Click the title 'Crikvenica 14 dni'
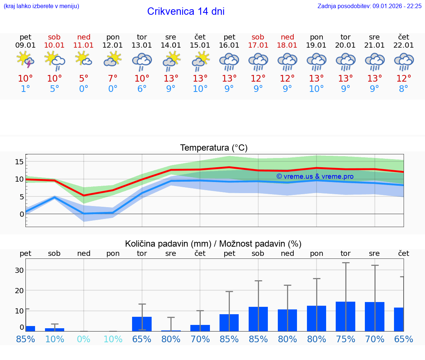tap(186, 11)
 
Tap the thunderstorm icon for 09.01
tap(25, 60)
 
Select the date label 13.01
tap(142, 45)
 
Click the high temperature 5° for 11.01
tap(84, 78)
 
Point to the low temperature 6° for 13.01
tap(142, 89)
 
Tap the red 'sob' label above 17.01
tap(258, 37)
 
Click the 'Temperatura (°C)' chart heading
tap(214, 148)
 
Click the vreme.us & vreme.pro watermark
tap(315, 176)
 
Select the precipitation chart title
tap(213, 243)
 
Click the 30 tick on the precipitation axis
tap(20, 270)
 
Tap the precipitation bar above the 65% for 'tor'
tap(142, 323)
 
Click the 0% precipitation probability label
tap(84, 339)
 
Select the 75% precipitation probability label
tap(345, 339)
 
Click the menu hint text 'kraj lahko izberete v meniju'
tap(41, 6)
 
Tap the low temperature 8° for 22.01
tap(404, 89)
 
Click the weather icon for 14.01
tap(171, 60)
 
